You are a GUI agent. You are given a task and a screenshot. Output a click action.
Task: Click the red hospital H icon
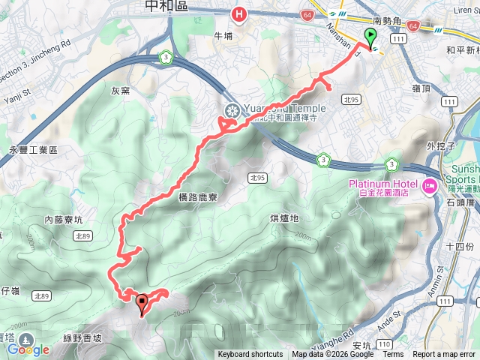[239, 13]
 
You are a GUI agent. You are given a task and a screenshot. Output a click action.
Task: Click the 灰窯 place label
[121, 91]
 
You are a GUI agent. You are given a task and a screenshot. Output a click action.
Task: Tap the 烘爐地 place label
[283, 218]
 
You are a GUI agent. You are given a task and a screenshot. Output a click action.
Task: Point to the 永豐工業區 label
[33, 150]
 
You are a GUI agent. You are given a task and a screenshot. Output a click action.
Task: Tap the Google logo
[29, 349]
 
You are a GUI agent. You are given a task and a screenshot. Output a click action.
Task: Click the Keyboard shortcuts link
[250, 355]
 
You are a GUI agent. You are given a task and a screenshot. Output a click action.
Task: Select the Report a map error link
[444, 355]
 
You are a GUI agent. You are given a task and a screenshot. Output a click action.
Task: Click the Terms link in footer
[393, 355]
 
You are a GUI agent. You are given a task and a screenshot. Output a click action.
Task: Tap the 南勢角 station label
[388, 22]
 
